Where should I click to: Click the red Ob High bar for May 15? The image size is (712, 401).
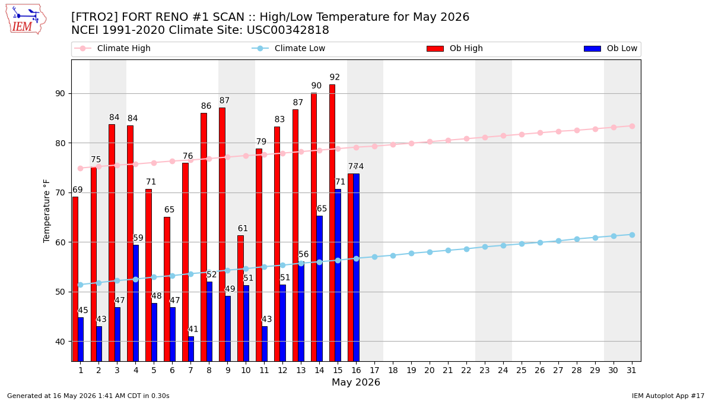click(x=332, y=223)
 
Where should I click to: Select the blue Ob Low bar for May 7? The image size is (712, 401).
click(x=191, y=349)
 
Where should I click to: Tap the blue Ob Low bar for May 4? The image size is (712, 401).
click(x=136, y=303)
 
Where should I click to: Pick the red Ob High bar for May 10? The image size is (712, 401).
click(x=241, y=298)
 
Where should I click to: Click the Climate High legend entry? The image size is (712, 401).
click(x=113, y=48)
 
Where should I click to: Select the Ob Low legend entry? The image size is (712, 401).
click(x=611, y=48)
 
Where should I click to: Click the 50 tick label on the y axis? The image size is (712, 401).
click(x=60, y=292)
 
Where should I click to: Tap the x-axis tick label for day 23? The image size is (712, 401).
click(x=485, y=370)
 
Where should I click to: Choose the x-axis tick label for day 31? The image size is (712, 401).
click(x=631, y=370)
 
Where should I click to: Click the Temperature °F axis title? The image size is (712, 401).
click(x=46, y=211)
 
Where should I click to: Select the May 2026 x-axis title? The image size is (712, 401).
click(x=356, y=382)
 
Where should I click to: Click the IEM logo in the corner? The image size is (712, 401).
click(x=26, y=20)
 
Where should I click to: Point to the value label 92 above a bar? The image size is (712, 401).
click(x=335, y=77)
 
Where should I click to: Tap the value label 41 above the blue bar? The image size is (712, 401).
click(x=193, y=329)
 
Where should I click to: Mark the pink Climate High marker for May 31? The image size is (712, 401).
click(x=632, y=127)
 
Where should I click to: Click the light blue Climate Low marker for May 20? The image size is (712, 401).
click(x=430, y=252)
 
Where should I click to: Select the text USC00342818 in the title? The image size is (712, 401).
click(x=288, y=30)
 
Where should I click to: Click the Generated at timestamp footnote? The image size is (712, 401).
click(x=88, y=396)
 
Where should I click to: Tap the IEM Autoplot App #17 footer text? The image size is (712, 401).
click(x=668, y=396)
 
